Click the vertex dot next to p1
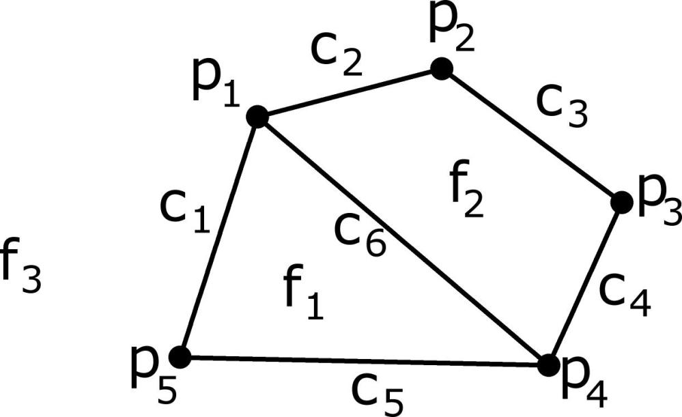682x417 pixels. [257, 117]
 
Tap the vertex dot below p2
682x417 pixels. [442, 69]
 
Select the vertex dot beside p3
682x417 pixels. [622, 202]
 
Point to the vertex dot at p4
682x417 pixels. [549, 365]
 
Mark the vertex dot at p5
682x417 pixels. [180, 358]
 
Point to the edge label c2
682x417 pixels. [336, 55]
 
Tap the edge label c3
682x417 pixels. [562, 106]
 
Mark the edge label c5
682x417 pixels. [377, 394]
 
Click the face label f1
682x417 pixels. [304, 293]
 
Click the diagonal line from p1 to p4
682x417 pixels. [403, 240]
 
